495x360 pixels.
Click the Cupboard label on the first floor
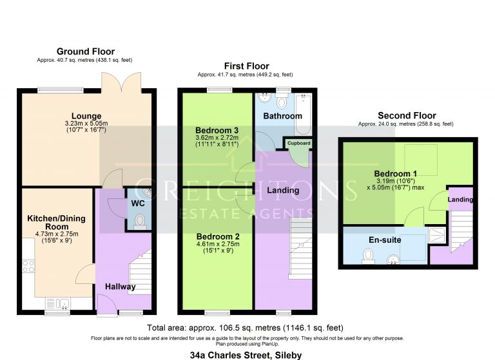pos(298,143)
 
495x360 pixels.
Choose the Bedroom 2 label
pos(218,236)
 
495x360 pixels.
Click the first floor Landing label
pos(283,190)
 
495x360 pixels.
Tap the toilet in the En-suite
pos(368,256)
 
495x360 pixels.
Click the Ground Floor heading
pos(85,52)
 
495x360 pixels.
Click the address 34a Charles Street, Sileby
pos(246,354)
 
